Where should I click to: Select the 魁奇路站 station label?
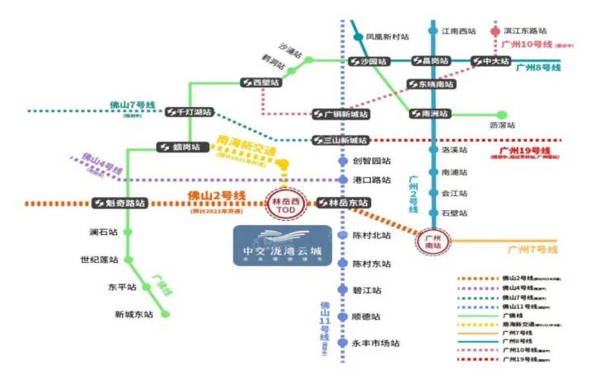point(120,203)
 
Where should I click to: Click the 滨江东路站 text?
point(524,30)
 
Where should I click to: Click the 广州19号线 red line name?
point(525,152)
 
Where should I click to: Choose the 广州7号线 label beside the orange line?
point(533,249)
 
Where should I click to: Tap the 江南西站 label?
point(458,31)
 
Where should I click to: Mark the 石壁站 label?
point(454,213)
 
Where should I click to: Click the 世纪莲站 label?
point(99,260)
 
